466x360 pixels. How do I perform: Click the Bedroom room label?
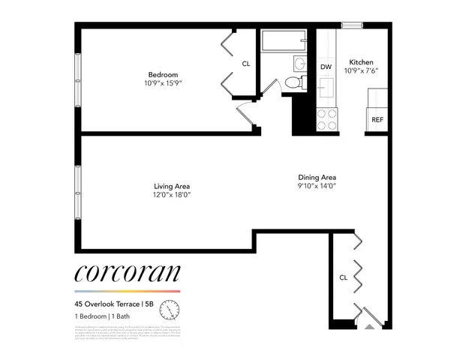coord(162,74)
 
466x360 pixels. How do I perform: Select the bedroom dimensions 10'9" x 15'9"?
coord(162,83)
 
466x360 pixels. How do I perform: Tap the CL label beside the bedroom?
coord(245,64)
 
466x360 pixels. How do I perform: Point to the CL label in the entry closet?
coord(343,277)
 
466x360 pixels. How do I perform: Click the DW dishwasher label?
coord(326,67)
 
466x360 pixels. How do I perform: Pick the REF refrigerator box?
coord(377,119)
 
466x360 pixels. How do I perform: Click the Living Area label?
coord(172,186)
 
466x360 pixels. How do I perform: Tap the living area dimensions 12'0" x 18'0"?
coord(172,196)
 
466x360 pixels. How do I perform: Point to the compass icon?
coord(172,308)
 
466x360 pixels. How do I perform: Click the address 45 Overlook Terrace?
coord(107,304)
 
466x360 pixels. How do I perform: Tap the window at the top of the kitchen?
coord(352,25)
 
